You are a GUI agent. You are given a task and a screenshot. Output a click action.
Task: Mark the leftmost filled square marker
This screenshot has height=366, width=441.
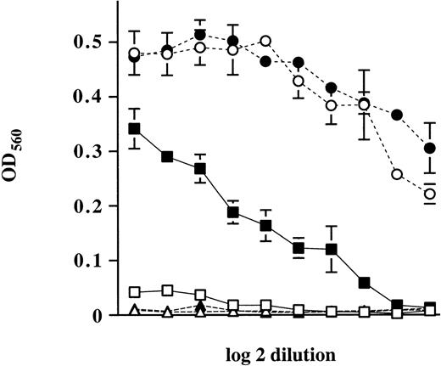(x=134, y=129)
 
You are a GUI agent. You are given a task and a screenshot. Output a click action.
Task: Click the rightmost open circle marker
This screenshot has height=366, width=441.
(x=430, y=194)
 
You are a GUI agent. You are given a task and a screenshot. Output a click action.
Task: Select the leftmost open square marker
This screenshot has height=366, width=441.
(x=134, y=292)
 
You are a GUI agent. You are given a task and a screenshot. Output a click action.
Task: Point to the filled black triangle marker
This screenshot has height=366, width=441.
(x=200, y=307)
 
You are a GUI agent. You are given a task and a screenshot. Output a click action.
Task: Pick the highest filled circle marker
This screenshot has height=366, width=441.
(x=200, y=35)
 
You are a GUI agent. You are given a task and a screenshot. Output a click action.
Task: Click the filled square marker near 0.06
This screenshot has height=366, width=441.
(x=365, y=282)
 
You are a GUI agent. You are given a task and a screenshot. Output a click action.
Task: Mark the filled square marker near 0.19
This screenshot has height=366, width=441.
(x=233, y=212)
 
